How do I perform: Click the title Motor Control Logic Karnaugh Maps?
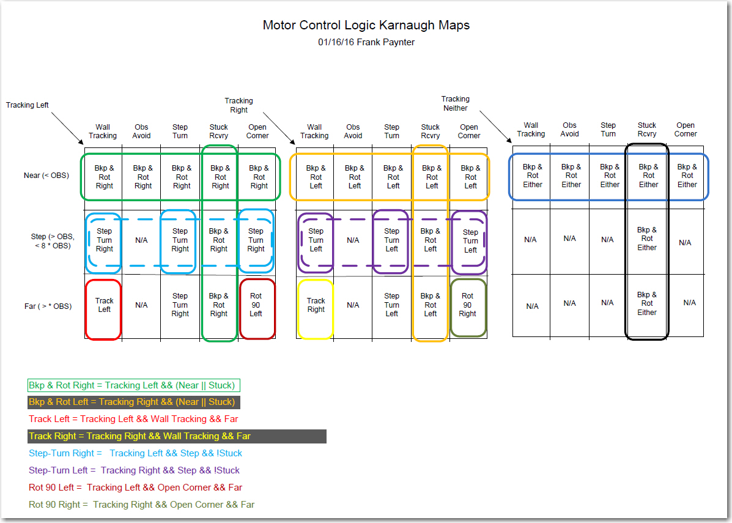(366, 25)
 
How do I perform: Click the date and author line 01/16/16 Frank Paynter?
(366, 42)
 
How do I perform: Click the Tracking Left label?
(27, 105)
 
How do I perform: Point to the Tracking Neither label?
(455, 103)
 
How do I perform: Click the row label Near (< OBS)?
(46, 176)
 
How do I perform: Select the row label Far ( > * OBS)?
(48, 306)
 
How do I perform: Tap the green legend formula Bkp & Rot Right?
(134, 385)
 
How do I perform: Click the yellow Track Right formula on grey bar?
(139, 436)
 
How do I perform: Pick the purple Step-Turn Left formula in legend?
(134, 470)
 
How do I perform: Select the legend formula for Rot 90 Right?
(141, 505)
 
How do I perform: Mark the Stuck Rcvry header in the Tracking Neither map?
(646, 129)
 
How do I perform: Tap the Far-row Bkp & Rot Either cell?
(646, 303)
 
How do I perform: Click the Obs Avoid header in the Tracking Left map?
(141, 132)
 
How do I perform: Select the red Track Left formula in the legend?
(133, 419)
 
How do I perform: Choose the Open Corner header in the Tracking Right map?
(468, 132)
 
